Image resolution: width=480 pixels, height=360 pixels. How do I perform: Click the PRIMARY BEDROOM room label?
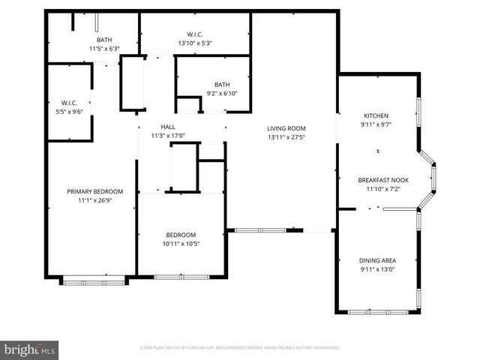pos(94,191)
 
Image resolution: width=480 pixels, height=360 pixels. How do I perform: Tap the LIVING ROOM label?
pos(286,128)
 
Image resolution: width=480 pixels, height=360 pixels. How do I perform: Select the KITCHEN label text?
pos(376,115)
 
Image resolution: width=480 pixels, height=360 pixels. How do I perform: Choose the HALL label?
pos(167,127)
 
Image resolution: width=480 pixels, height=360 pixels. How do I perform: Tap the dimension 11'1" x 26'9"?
pos(94,200)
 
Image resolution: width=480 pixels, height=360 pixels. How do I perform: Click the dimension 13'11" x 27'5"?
pos(286,137)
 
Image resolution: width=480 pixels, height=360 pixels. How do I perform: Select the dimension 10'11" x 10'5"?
pos(181,243)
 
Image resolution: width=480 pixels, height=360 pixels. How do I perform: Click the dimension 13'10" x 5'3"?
pos(195,43)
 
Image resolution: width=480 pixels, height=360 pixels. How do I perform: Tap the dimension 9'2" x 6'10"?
pos(222,93)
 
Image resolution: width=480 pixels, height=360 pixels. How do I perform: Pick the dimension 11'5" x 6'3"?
pos(104,49)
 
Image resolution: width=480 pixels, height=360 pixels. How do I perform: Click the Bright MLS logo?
pos(30,349)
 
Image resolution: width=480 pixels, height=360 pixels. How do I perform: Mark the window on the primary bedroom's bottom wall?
pos(94,281)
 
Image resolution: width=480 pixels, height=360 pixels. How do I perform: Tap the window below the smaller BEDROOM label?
pos(178,277)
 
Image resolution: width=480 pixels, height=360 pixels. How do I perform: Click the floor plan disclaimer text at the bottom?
pos(240,348)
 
